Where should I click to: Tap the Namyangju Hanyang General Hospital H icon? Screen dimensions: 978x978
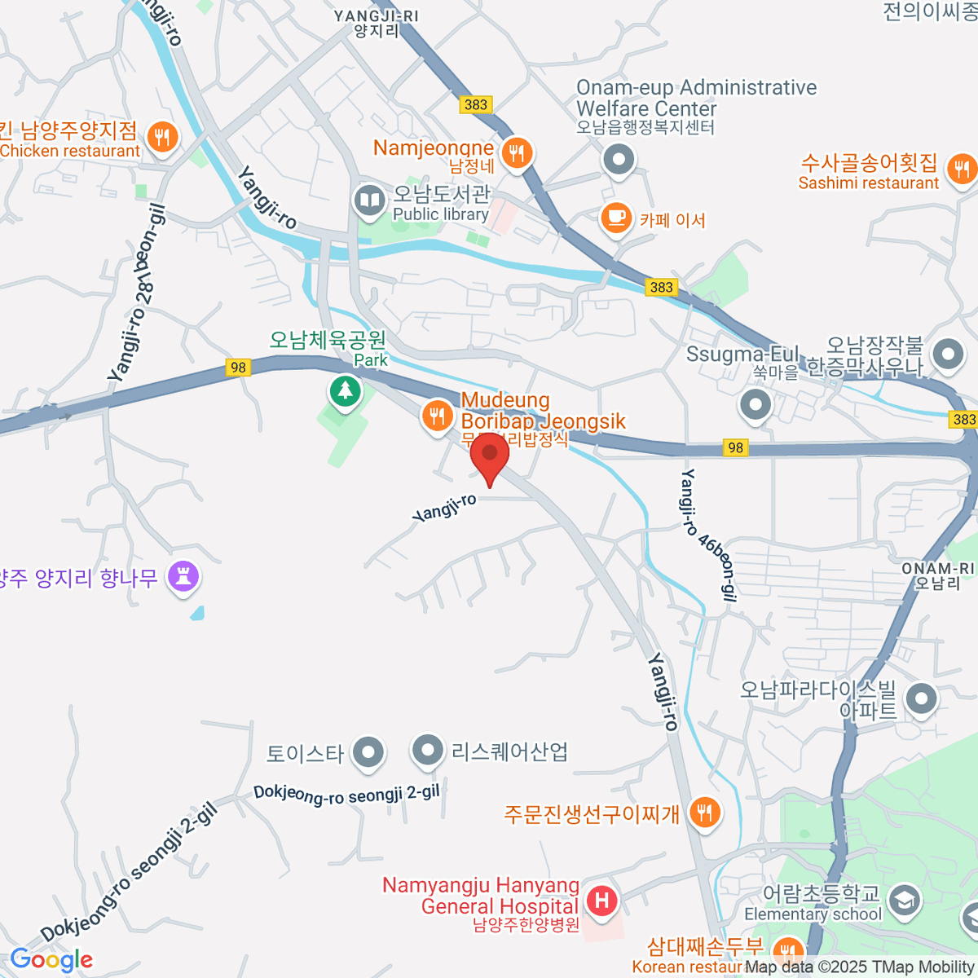click(x=602, y=901)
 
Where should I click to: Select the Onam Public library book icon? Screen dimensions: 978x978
click(x=369, y=200)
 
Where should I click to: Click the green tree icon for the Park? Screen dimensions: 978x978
click(x=346, y=392)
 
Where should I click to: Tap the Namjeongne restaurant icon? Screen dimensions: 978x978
click(x=516, y=152)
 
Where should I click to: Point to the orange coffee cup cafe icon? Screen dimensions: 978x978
click(x=616, y=218)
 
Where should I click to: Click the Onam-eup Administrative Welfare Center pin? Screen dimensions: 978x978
click(x=619, y=159)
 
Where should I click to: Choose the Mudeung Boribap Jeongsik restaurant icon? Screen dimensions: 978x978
click(x=438, y=416)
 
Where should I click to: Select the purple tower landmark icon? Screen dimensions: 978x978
click(x=183, y=577)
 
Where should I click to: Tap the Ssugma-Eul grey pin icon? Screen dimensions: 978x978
click(x=756, y=404)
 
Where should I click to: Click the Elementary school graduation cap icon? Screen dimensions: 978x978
click(x=904, y=901)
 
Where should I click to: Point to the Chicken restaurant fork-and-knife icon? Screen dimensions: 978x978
click(x=163, y=138)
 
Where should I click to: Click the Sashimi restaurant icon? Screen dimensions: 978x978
click(x=963, y=170)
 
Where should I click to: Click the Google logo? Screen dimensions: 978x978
click(x=51, y=960)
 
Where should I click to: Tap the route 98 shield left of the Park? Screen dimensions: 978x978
click(x=237, y=368)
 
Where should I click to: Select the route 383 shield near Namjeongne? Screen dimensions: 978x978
click(x=475, y=104)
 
